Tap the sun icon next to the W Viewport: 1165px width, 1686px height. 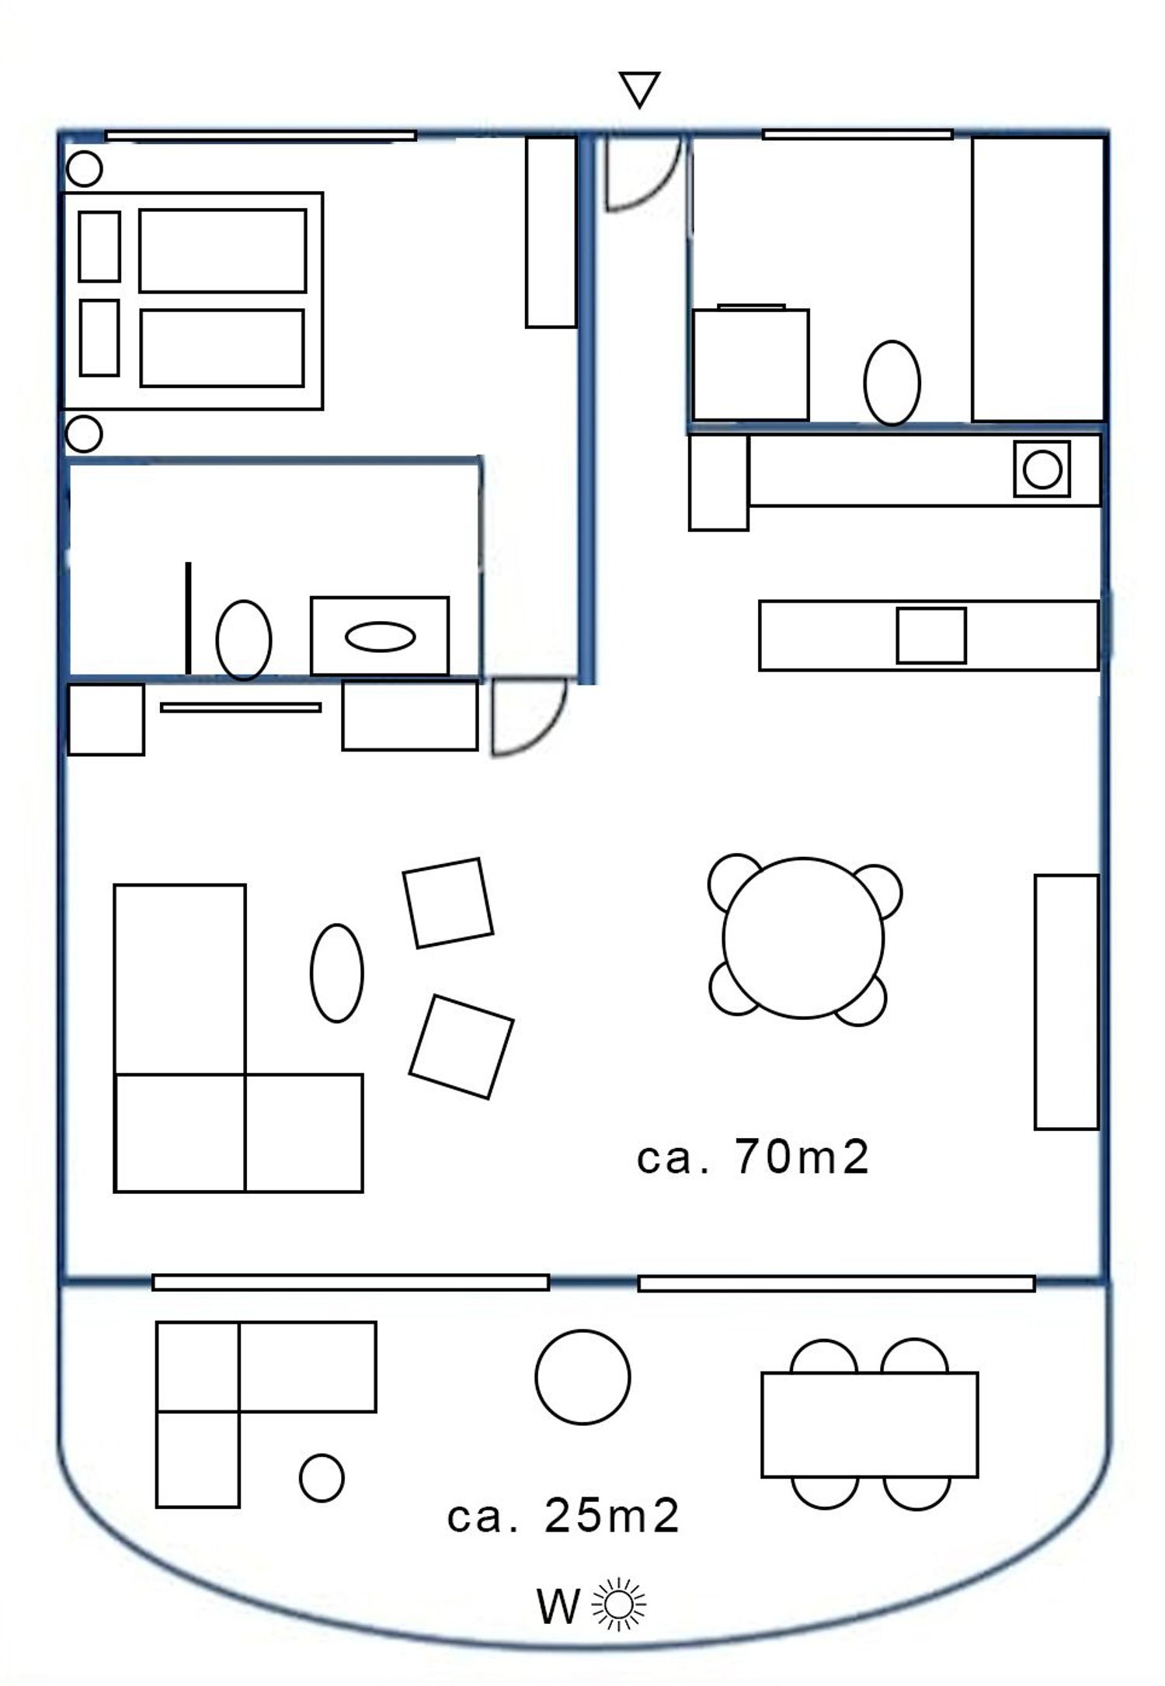pyautogui.click(x=618, y=1604)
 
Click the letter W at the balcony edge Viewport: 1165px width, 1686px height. pyautogui.click(x=558, y=1606)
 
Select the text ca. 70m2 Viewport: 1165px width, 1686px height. pyautogui.click(x=752, y=1157)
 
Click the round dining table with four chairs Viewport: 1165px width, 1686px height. pyautogui.click(x=803, y=938)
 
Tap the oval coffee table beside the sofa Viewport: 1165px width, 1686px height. pyautogui.click(x=336, y=973)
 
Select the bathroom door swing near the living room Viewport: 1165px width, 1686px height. pyautogui.click(x=544, y=736)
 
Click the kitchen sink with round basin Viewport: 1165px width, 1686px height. pyautogui.click(x=1042, y=469)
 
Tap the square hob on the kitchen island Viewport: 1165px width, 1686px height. pyautogui.click(x=931, y=636)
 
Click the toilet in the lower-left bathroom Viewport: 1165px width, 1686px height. pyautogui.click(x=244, y=640)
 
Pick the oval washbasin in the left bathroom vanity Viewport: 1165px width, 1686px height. pyautogui.click(x=380, y=637)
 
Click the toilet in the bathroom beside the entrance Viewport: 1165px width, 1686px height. pyautogui.click(x=892, y=383)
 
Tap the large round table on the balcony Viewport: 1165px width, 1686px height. pyautogui.click(x=582, y=1377)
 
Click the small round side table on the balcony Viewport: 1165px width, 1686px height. pyautogui.click(x=322, y=1477)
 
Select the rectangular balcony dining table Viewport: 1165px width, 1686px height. pyautogui.click(x=869, y=1424)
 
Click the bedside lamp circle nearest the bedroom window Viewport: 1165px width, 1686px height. pyautogui.click(x=84, y=168)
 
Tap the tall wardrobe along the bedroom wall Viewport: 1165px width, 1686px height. pyautogui.click(x=551, y=232)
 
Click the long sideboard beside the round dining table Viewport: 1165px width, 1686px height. pyautogui.click(x=1066, y=1002)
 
